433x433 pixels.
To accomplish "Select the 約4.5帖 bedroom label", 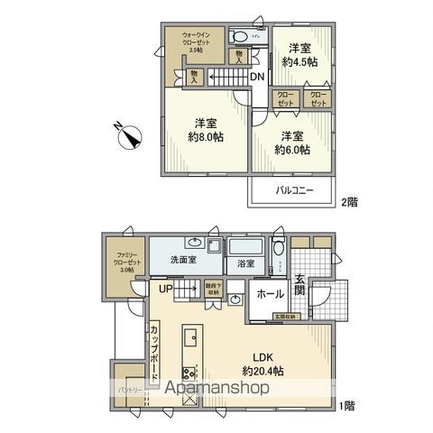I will [x=300, y=56].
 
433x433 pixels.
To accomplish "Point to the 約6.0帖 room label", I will [x=292, y=143].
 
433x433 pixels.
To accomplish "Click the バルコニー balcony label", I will [x=288, y=192].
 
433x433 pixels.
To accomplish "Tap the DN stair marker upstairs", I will [x=256, y=77].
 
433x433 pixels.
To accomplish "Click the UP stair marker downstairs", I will [x=165, y=289].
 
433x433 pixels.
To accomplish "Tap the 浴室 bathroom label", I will [x=245, y=263].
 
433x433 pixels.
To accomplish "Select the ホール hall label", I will [x=272, y=294].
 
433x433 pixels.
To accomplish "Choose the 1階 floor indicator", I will [x=346, y=406].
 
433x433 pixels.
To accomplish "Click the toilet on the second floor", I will [x=239, y=37].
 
